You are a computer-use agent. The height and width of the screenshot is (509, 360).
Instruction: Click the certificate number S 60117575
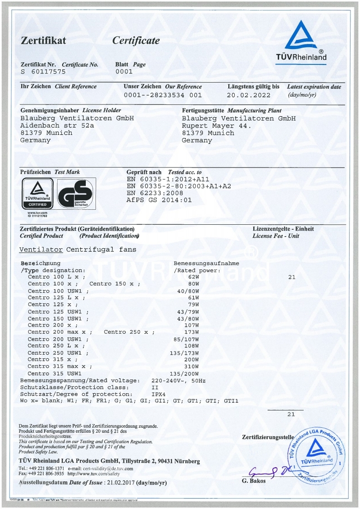[x=43, y=72]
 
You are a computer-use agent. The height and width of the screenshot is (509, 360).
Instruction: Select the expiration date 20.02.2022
[x=248, y=95]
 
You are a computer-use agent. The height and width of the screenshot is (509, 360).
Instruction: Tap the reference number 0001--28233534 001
[x=163, y=95]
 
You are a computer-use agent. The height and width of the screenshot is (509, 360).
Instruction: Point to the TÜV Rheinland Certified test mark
[x=38, y=193]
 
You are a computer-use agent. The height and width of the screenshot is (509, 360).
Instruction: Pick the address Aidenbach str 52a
[x=57, y=126]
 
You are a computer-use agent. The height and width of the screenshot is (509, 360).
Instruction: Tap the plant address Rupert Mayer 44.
[x=216, y=126]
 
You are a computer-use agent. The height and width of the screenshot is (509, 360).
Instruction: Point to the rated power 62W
[x=193, y=277]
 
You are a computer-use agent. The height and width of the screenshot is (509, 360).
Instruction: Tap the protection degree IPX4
[x=158, y=394]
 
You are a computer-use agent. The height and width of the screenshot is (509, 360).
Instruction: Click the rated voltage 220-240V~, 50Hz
[x=178, y=381]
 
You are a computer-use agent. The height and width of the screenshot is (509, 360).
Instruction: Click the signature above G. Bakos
[x=267, y=472]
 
